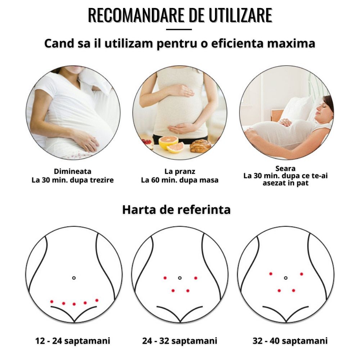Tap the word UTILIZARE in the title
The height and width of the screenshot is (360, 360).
click(x=240, y=15)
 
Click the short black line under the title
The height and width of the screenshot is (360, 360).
click(x=179, y=30)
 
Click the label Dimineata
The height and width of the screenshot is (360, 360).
click(x=73, y=171)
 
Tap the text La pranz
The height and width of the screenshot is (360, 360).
click(x=180, y=171)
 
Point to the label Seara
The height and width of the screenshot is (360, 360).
click(x=285, y=168)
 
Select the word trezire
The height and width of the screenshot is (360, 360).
click(x=102, y=180)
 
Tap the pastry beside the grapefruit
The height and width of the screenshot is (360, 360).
click(x=200, y=146)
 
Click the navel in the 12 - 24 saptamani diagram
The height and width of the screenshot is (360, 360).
click(x=74, y=278)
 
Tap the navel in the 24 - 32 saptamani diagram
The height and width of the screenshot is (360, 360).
click(x=180, y=278)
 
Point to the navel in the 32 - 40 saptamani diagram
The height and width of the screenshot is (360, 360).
click(x=285, y=278)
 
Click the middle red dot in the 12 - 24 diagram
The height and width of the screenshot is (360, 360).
click(x=74, y=304)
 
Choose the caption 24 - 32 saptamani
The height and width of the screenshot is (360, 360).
click(x=180, y=341)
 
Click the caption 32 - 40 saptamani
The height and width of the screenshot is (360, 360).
click(x=290, y=341)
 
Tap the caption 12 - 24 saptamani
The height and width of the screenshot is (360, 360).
click(x=73, y=341)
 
